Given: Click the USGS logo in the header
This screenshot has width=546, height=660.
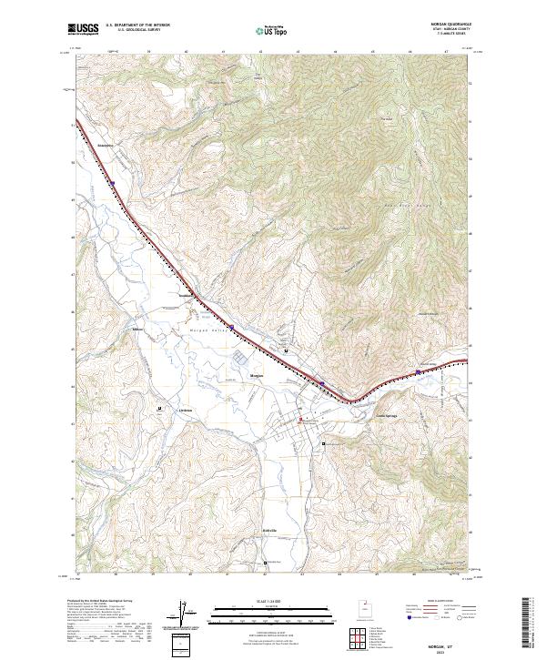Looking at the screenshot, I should [84, 29].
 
